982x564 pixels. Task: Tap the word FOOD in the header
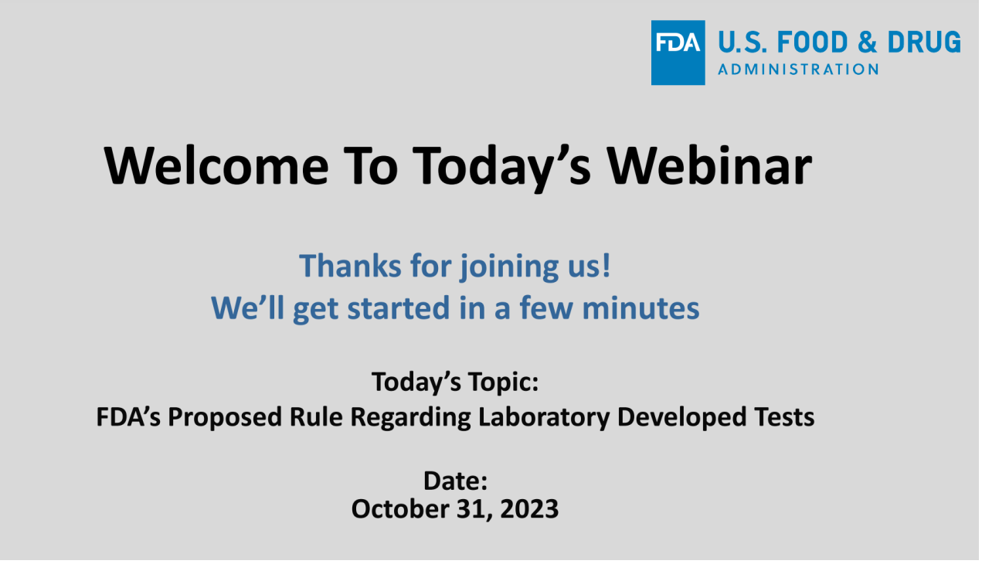814,42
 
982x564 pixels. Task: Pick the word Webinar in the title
711,165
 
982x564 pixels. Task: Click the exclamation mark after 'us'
607,266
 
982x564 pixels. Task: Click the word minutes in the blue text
642,308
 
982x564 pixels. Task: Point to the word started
399,308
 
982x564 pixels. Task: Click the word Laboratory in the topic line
545,418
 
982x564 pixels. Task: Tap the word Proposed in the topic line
225,418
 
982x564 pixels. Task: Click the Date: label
456,481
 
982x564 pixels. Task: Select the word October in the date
399,509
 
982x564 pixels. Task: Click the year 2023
529,509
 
